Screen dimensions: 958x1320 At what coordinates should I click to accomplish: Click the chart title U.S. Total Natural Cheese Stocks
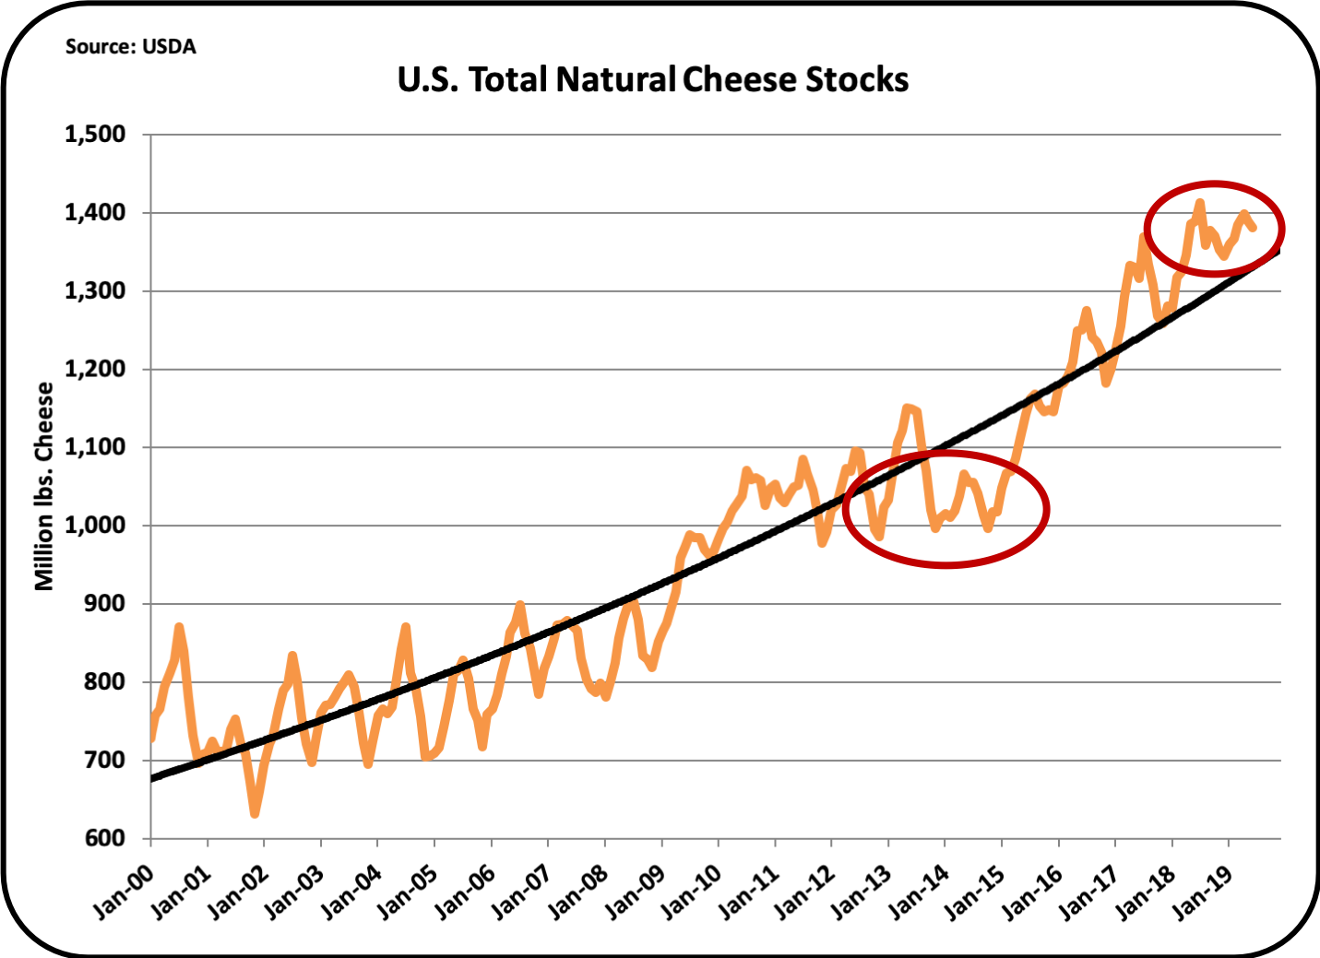[x=653, y=80]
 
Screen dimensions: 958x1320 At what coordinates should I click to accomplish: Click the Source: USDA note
[x=130, y=47]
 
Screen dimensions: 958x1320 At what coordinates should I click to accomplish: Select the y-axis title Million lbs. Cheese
[x=43, y=486]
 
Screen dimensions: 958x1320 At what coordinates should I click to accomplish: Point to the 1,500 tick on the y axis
[x=95, y=135]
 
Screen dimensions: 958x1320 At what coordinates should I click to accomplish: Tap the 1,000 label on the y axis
[x=95, y=526]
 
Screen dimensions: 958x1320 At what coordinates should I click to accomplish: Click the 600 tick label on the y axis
[x=107, y=838]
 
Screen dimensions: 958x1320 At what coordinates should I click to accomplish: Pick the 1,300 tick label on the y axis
[x=95, y=291]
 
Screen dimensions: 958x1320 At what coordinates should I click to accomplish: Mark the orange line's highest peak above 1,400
[x=1199, y=202]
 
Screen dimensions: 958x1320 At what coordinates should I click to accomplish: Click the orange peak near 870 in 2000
[x=179, y=627]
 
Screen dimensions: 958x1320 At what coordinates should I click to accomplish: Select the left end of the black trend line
[x=153, y=778]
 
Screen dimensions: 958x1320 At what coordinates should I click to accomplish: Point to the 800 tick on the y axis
[x=107, y=682]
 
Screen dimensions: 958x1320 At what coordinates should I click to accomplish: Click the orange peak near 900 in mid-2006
[x=520, y=605]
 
